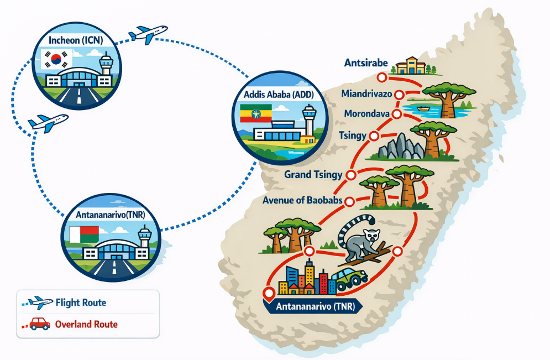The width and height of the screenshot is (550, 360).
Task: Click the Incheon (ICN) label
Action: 74,41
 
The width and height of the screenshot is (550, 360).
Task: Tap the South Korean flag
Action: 56,59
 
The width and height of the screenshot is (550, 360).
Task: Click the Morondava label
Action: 367,114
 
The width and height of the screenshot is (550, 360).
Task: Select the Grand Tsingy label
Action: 313,175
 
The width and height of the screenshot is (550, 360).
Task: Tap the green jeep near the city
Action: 352,278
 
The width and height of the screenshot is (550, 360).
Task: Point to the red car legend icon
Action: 39,324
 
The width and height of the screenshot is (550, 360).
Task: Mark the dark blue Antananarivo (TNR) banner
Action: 313,306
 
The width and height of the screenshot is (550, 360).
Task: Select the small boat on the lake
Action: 423,108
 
